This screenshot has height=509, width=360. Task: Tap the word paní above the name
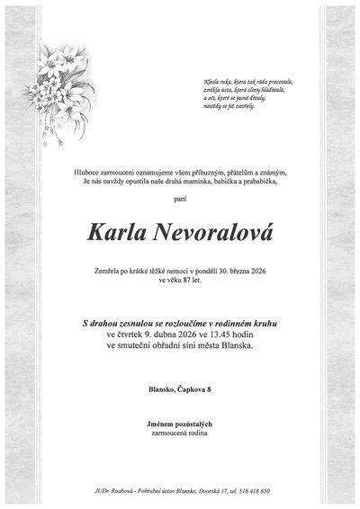(181, 205)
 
